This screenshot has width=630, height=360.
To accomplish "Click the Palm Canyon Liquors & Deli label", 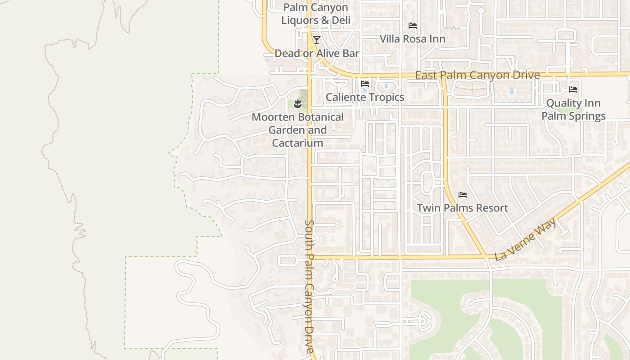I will [315, 14].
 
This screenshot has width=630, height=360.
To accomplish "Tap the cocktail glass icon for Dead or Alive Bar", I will [316, 40].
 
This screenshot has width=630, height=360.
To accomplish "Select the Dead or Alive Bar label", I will [317, 54].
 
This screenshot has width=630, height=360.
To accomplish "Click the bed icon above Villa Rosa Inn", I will [412, 26].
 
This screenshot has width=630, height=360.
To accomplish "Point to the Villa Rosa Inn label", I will [412, 39].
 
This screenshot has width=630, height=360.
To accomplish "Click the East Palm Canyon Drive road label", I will [477, 75].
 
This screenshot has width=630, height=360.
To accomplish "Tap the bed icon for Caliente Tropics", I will [364, 84].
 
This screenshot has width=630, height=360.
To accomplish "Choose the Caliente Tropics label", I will [364, 97].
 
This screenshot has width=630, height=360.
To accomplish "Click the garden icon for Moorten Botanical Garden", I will [297, 104].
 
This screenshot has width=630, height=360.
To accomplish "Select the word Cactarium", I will [297, 143].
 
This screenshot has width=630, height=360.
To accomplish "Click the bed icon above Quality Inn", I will [573, 90].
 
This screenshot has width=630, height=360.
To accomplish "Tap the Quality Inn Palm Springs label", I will [573, 110].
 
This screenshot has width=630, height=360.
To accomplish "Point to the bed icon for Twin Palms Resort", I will [462, 195].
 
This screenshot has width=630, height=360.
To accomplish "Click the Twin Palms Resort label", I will [462, 208].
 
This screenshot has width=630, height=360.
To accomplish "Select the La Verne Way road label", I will [526, 239].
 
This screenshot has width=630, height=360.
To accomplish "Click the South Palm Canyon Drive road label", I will [309, 286].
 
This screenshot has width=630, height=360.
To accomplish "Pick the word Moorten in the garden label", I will [271, 117].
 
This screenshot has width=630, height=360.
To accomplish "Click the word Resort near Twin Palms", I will [490, 208].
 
